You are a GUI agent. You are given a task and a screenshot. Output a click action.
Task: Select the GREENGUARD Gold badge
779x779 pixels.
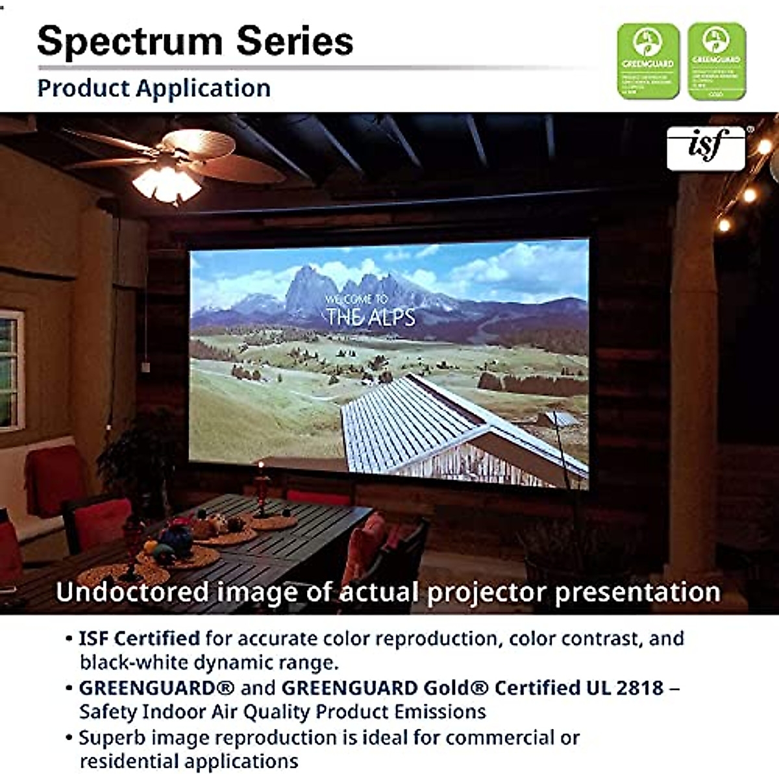716,62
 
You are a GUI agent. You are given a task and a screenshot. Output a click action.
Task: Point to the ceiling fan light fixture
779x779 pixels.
167,182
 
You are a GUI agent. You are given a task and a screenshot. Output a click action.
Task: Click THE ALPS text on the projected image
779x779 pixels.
371,317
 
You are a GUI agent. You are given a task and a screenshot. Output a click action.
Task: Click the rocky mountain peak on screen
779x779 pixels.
312,286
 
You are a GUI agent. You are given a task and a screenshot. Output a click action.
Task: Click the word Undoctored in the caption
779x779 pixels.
132,592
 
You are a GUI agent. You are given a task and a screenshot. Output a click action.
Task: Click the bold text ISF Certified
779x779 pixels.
139,639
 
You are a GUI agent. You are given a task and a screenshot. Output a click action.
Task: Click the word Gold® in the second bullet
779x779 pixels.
456,687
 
